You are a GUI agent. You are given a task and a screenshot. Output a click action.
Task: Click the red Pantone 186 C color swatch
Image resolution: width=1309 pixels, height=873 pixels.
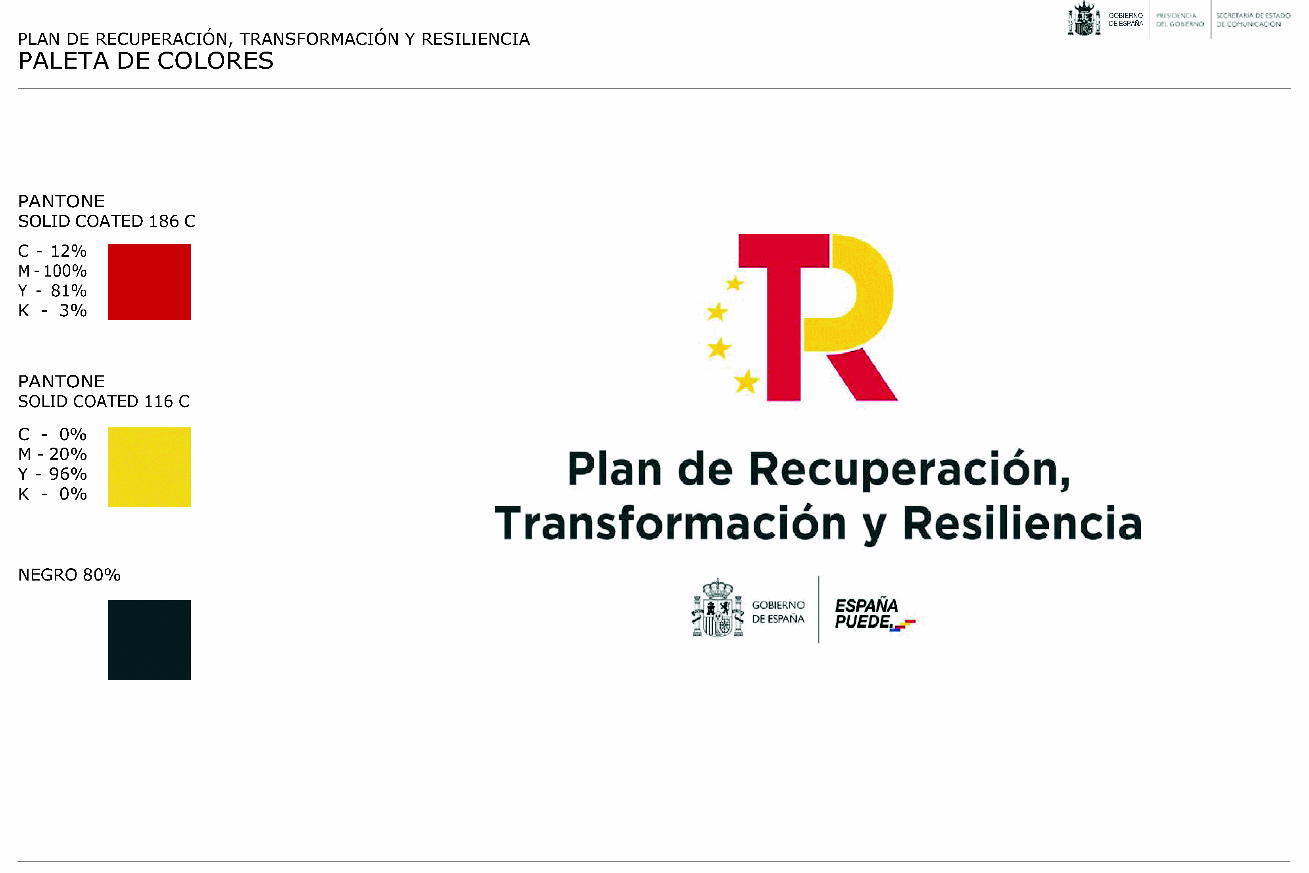[149, 282]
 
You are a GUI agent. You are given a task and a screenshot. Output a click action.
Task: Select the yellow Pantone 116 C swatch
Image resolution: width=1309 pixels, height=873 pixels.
[149, 467]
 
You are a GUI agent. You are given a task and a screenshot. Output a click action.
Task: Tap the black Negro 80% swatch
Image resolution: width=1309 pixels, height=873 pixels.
[149, 640]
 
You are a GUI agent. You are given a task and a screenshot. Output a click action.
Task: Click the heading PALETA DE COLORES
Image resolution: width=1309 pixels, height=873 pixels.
[146, 61]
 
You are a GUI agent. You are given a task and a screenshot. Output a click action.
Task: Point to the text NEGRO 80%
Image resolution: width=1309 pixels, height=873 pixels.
[69, 575]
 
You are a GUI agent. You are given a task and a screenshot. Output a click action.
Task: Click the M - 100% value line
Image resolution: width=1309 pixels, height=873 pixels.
[52, 271]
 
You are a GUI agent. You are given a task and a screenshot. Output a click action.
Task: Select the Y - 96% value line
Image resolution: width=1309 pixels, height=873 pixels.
[52, 474]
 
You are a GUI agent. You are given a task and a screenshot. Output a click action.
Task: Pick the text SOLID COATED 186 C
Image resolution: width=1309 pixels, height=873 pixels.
[107, 221]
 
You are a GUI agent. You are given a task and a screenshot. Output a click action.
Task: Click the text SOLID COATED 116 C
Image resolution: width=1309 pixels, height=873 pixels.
[104, 402]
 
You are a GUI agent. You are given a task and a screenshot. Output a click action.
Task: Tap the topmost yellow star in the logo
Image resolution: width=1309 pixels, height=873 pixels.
[735, 283]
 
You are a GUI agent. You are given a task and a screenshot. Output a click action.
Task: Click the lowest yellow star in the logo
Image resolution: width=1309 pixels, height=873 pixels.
[747, 382]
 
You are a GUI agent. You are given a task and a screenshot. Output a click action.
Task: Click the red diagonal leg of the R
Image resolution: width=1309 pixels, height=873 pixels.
[862, 375]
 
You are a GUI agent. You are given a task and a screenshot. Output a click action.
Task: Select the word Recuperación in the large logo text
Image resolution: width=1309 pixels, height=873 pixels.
[910, 470]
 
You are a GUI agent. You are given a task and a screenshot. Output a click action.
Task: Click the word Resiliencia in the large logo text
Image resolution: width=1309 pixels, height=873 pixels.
[1022, 523]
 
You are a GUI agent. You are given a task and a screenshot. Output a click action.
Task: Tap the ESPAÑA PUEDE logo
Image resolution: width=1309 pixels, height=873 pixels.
[874, 615]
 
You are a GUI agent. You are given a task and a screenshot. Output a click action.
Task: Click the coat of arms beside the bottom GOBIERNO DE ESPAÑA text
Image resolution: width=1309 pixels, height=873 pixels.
[718, 608]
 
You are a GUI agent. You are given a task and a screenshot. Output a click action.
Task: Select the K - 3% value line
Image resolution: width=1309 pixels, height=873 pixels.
[52, 311]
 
